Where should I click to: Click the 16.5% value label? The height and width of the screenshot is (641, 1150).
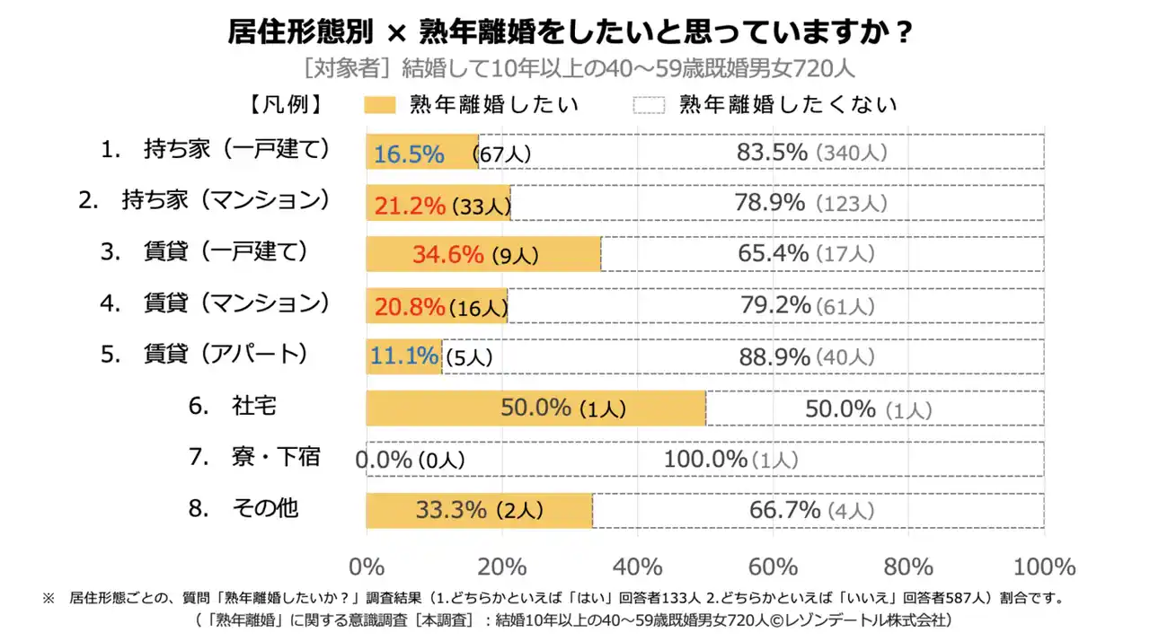pos(409,154)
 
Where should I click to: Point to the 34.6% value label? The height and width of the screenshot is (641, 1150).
pos(448,255)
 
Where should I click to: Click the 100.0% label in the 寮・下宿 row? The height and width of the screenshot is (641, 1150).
pos(705,460)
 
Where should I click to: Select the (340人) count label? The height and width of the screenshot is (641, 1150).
pos(851,154)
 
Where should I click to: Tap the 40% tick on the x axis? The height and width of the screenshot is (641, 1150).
pos(637,567)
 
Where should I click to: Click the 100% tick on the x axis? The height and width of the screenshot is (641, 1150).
pos(1044,567)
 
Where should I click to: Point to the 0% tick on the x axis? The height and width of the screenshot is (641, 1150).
pos(367,567)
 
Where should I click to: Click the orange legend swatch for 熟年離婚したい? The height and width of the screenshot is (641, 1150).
pos(379,105)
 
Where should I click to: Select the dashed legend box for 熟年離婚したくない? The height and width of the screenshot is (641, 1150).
pos(649,105)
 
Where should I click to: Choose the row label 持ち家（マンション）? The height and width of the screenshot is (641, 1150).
pos(205,200)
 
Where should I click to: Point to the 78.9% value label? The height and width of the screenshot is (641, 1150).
pos(770,204)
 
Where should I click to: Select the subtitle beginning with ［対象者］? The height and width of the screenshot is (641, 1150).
pos(579,68)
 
